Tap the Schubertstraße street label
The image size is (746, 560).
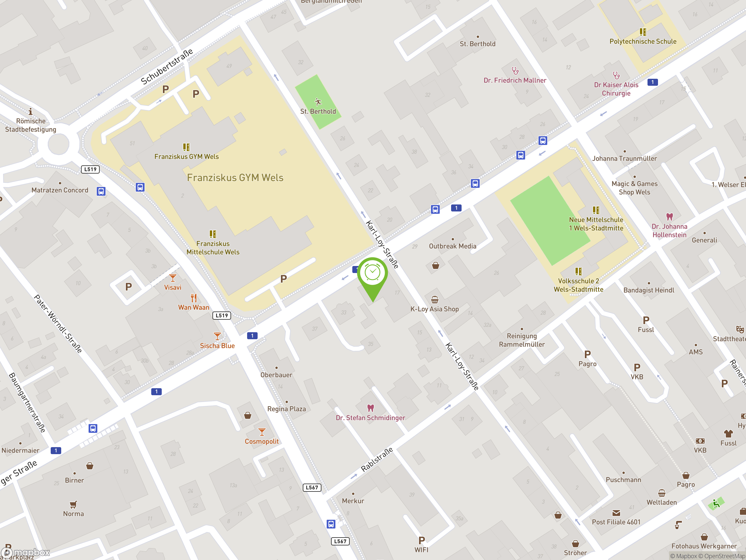click(x=167, y=66)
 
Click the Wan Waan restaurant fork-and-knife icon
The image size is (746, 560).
click(x=193, y=298)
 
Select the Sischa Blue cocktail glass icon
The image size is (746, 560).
click(x=217, y=336)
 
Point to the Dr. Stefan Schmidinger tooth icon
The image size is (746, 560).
click(x=371, y=408)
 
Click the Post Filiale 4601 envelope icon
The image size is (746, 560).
click(x=616, y=513)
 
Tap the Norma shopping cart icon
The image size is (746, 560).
click(x=73, y=505)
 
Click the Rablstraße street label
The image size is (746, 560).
click(x=377, y=459)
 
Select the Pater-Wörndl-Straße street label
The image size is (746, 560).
click(x=58, y=324)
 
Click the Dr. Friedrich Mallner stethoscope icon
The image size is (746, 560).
click(x=515, y=71)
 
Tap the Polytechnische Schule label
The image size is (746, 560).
click(x=643, y=41)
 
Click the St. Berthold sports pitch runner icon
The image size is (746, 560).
click(x=318, y=101)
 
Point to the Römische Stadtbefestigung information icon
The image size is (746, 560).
click(x=30, y=111)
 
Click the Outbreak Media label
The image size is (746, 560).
click(x=453, y=246)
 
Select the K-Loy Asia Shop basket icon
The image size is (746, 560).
click(x=435, y=300)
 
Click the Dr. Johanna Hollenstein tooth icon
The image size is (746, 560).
click(x=669, y=217)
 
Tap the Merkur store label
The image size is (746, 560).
click(x=353, y=501)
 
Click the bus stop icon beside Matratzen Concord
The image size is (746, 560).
click(x=101, y=191)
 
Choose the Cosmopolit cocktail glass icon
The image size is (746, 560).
click(x=262, y=432)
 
